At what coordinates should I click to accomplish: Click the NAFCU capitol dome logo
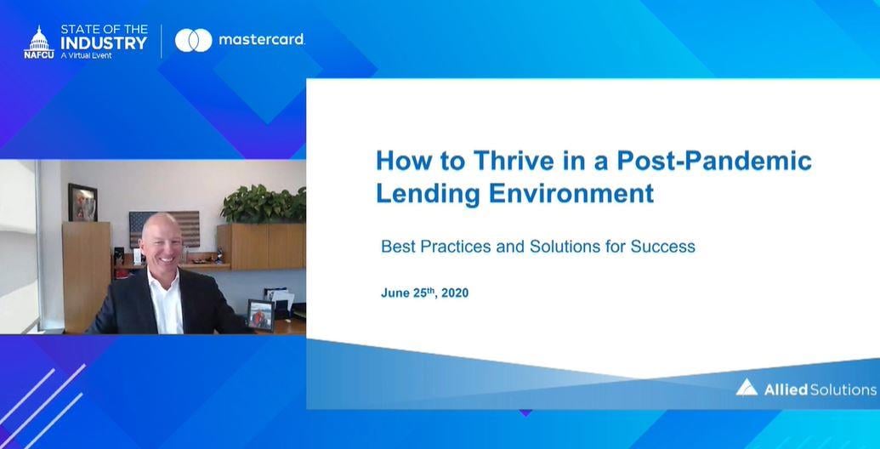(39, 43)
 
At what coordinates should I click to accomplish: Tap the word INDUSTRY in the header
(104, 43)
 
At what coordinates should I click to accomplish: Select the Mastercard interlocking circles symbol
(194, 41)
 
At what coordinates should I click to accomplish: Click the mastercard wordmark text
(262, 40)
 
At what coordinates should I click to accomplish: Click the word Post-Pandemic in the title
(714, 161)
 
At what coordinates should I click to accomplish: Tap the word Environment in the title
(571, 193)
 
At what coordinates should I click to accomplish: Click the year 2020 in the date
(455, 293)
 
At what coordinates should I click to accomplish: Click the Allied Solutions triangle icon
(747, 388)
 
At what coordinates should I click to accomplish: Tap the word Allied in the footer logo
(786, 389)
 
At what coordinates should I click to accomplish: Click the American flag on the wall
(164, 229)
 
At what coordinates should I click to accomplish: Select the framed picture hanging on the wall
(82, 202)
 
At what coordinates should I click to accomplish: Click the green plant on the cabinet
(264, 204)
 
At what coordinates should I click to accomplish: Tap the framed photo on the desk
(260, 316)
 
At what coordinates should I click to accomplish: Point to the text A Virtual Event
(87, 55)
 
